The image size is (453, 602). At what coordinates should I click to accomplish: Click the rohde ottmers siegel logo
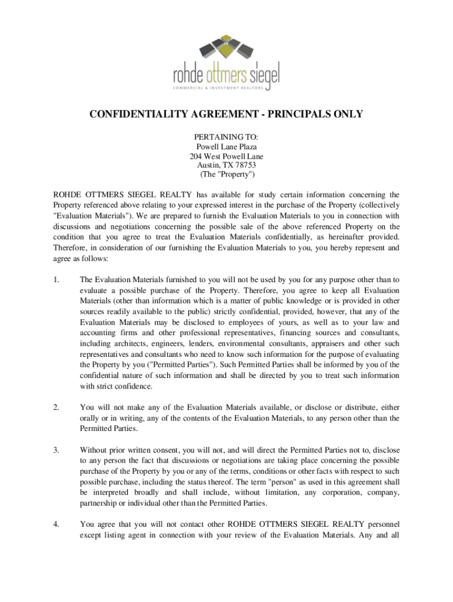(x=226, y=62)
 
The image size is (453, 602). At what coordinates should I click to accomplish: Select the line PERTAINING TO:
(x=226, y=137)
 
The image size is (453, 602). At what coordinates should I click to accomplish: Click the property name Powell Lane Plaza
(x=226, y=146)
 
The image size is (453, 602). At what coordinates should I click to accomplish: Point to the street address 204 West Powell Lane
(x=226, y=156)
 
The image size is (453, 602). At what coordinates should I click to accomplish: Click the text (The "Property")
(x=226, y=175)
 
